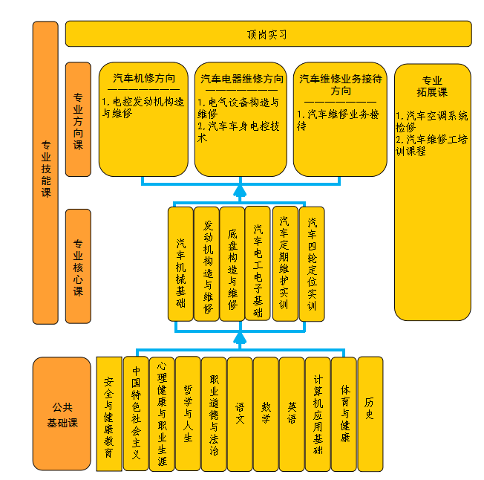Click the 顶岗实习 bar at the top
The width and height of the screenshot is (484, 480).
click(268, 34)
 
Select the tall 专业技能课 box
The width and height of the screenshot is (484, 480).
click(45, 172)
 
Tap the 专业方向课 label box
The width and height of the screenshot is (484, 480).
click(78, 120)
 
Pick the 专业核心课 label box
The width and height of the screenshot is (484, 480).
click(78, 266)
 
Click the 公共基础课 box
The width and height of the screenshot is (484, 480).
click(63, 414)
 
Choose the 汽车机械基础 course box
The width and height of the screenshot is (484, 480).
click(180, 264)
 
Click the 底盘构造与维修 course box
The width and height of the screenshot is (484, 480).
click(232, 264)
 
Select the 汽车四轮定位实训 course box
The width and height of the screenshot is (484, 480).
click(312, 264)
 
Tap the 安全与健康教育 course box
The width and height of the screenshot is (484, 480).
click(109, 414)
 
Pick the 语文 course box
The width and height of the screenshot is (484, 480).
click(240, 414)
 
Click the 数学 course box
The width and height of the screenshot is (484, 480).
click(266, 414)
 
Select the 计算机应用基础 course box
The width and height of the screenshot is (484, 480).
click(318, 414)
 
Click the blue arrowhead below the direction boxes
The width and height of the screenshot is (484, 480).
click(239, 192)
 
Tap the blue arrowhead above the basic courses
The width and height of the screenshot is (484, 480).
click(239, 339)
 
